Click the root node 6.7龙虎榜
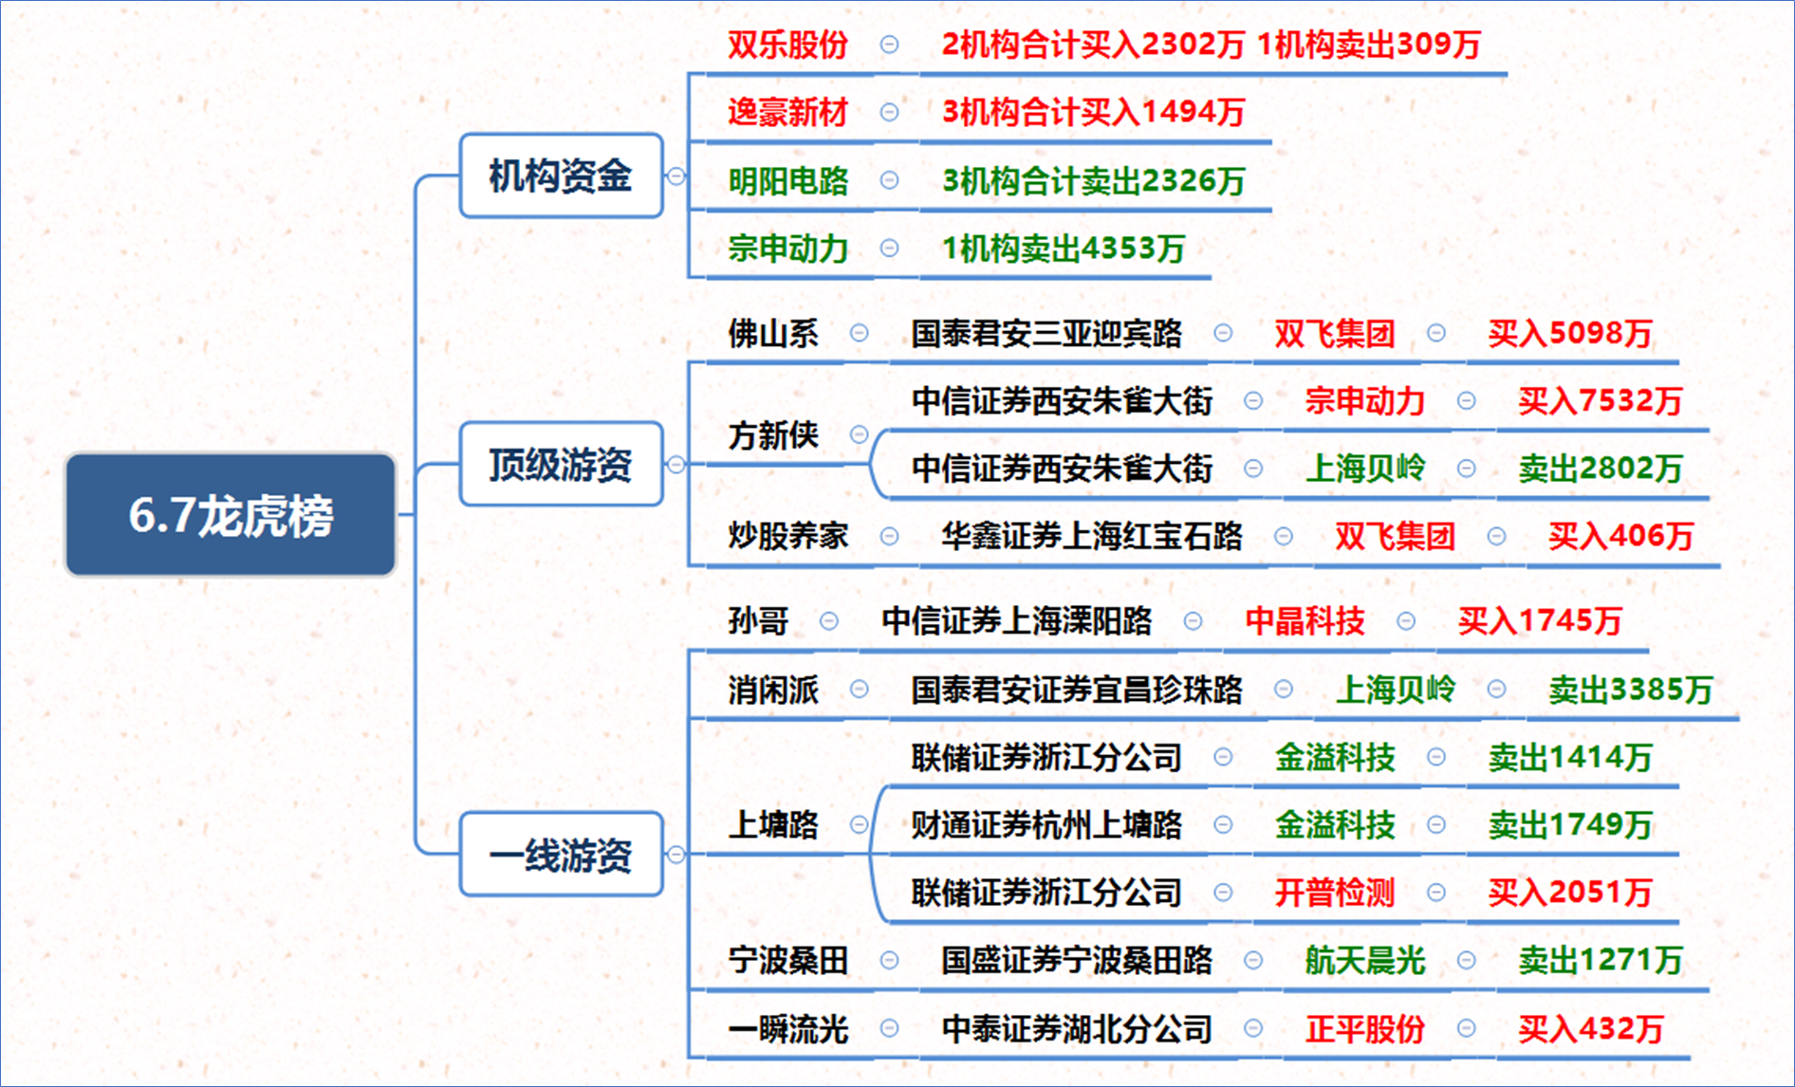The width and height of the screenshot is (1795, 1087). [x=231, y=515]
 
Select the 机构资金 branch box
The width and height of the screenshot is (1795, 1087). [x=561, y=175]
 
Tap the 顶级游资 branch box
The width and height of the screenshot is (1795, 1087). [x=561, y=464]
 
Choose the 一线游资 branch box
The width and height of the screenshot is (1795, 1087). [x=561, y=855]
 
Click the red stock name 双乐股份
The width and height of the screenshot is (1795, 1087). [x=787, y=45]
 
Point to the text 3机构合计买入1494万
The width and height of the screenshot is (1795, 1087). [x=1093, y=112]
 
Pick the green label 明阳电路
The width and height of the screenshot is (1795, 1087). [x=787, y=180]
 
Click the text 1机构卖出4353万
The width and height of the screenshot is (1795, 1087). [x=1063, y=249]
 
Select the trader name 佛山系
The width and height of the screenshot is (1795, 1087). [x=772, y=333]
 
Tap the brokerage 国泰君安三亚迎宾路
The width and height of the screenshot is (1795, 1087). [x=1046, y=333]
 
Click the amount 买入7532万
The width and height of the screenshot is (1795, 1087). [x=1600, y=400]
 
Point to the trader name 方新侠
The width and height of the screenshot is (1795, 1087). [x=772, y=435]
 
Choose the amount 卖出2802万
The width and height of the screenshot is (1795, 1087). [x=1600, y=468]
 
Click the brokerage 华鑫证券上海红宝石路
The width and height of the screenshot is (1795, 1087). [x=1091, y=536]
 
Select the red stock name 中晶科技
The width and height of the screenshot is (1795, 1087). [x=1305, y=620]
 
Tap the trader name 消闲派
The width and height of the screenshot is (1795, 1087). [x=772, y=690]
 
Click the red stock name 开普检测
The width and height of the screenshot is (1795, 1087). [x=1334, y=892]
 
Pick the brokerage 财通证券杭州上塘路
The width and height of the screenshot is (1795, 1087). [x=1046, y=824]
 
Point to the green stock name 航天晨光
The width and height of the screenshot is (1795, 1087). [x=1364, y=960]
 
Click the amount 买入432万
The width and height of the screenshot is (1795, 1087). [x=1590, y=1028]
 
